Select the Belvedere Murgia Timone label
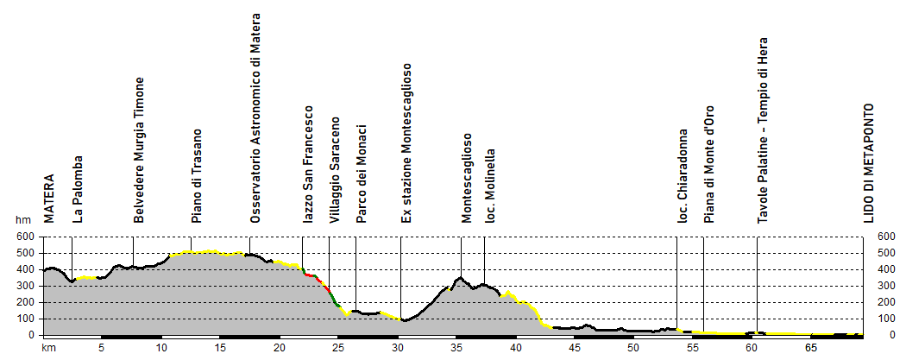[139, 150]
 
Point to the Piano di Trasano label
[197, 176]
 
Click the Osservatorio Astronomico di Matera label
[255, 119]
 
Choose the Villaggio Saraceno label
[336, 171]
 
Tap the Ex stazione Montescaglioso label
[406, 143]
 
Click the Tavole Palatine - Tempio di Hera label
[763, 130]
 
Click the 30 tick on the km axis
[398, 348]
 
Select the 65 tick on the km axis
[811, 348]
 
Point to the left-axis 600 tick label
[26, 237]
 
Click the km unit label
[49, 348]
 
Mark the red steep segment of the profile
[317, 277]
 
